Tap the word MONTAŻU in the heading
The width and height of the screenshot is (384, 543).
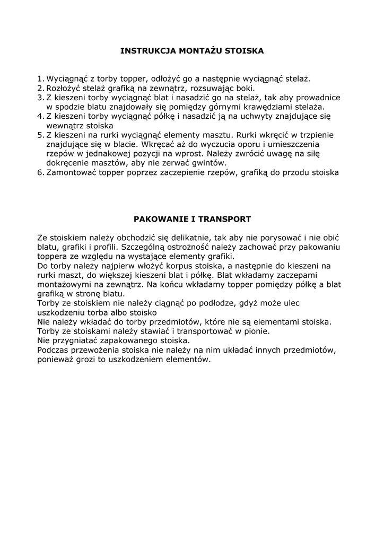click(x=197, y=51)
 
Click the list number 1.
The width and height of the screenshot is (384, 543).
click(x=40, y=79)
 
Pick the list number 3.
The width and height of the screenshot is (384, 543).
click(x=40, y=98)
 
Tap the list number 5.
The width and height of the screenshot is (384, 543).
click(x=40, y=135)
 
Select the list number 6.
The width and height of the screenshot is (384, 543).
click(x=40, y=172)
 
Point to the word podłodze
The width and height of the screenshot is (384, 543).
click(x=222, y=303)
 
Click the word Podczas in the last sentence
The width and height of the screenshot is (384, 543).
click(x=54, y=350)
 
